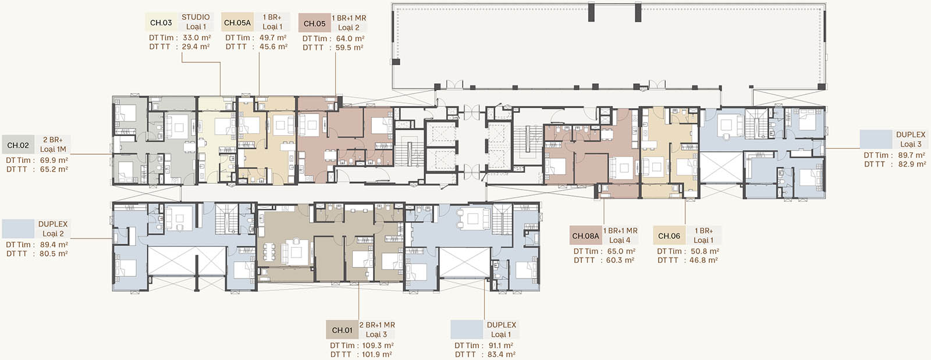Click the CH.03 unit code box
(x=161, y=23)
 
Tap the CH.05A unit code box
(x=237, y=23)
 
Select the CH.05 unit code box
(x=315, y=23)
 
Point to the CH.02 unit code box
(x=18, y=145)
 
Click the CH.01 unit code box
(x=342, y=330)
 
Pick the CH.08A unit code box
(x=585, y=236)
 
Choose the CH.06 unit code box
(x=669, y=236)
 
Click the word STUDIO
(x=196, y=17)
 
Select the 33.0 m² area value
(x=197, y=38)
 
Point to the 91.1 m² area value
(x=500, y=345)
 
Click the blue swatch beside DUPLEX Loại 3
(x=876, y=139)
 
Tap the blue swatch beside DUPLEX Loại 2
(x=18, y=229)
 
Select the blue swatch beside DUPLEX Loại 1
(x=467, y=330)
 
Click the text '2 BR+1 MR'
(x=377, y=325)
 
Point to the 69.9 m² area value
(x=53, y=161)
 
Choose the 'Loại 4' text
(x=620, y=240)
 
